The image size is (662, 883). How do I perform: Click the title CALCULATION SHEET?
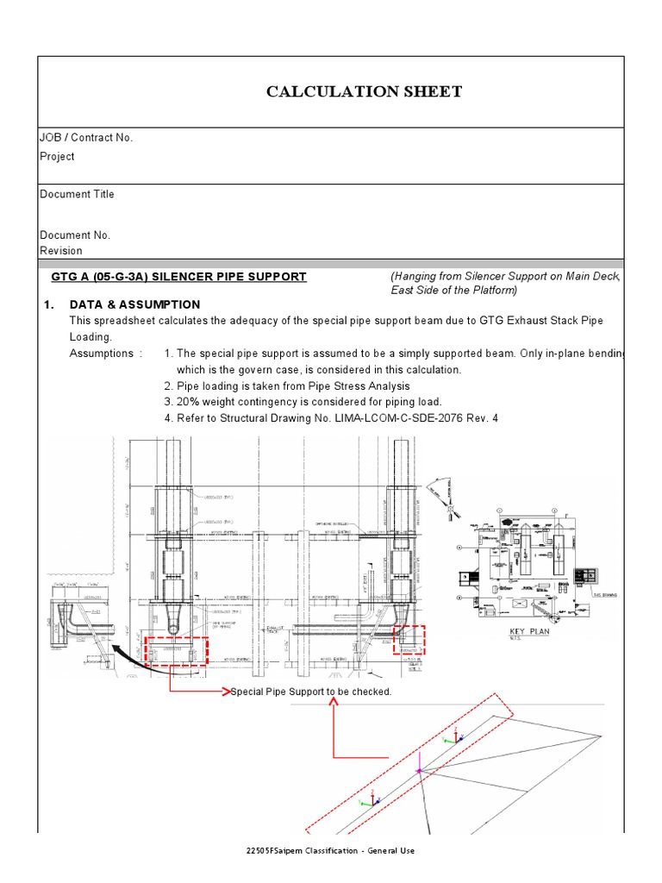tap(364, 91)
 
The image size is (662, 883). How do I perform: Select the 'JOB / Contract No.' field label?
tap(86, 138)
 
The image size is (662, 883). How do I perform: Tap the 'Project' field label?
tap(57, 156)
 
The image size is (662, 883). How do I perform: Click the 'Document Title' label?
tap(77, 194)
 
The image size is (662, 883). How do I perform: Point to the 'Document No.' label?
tap(75, 235)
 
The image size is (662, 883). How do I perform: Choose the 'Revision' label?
tap(61, 251)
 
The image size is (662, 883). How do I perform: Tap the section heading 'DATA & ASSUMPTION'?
tap(134, 304)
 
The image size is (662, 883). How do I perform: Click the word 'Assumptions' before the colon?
tap(101, 354)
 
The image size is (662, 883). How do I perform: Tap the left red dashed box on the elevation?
tap(176, 650)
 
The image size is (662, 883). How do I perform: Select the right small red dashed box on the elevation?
tap(409, 640)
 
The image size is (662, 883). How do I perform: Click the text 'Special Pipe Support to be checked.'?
tap(311, 692)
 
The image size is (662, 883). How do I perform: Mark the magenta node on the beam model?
tap(419, 770)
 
